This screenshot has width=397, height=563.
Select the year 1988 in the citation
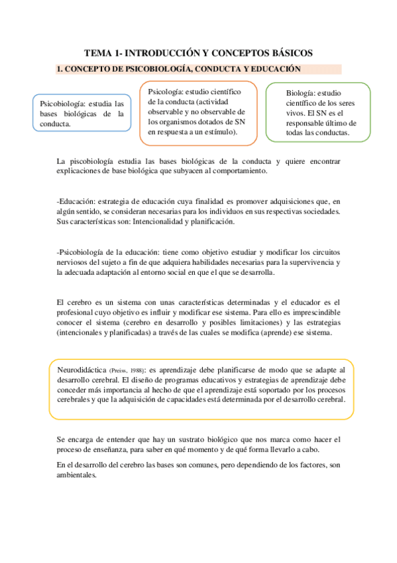point(137,370)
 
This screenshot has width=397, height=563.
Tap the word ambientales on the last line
point(78,476)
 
